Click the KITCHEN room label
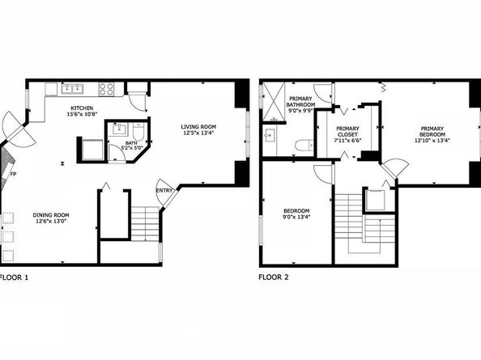(x=82, y=108)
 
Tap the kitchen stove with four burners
(x=107, y=88)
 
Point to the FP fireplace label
(x=13, y=174)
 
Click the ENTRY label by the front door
(x=164, y=191)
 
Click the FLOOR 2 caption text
(x=274, y=277)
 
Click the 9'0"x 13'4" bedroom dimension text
(x=296, y=217)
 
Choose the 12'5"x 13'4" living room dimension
(x=198, y=133)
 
